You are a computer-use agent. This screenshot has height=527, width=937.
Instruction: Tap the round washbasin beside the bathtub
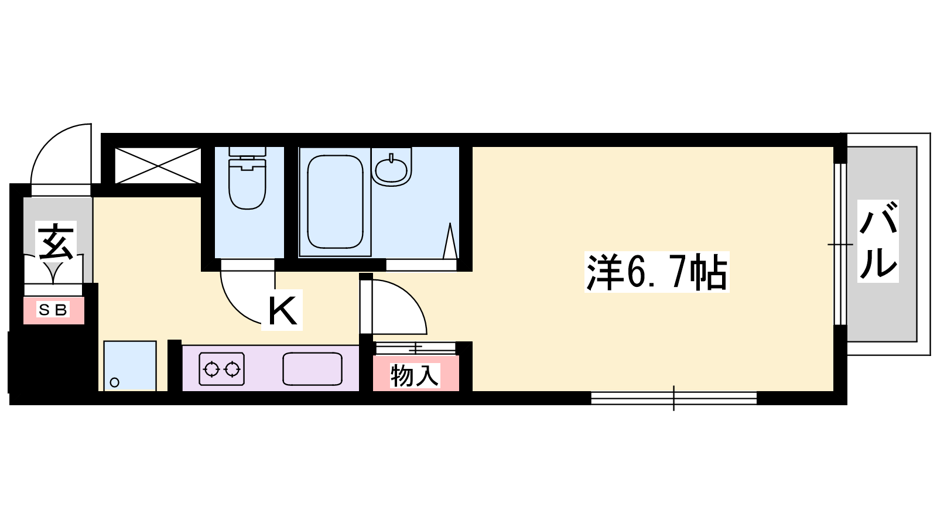click(x=391, y=169)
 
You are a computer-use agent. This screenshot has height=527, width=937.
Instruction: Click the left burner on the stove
click(x=211, y=369)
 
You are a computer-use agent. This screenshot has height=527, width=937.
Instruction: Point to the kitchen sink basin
click(x=313, y=369)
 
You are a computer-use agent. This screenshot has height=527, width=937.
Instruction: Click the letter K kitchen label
click(x=282, y=310)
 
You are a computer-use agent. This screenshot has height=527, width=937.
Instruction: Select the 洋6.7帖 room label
click(x=656, y=272)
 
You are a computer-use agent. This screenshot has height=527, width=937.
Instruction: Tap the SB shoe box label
click(x=53, y=310)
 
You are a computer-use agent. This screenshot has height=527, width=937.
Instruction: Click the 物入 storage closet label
click(x=415, y=375)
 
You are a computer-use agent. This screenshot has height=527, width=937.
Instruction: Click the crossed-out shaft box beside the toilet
click(x=158, y=166)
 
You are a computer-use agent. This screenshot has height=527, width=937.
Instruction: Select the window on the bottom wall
click(x=674, y=398)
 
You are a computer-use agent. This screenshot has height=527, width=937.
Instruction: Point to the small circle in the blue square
click(x=114, y=382)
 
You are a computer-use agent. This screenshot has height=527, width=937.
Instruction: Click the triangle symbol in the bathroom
click(x=450, y=241)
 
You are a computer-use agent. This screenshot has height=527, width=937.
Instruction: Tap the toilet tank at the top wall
click(x=247, y=152)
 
